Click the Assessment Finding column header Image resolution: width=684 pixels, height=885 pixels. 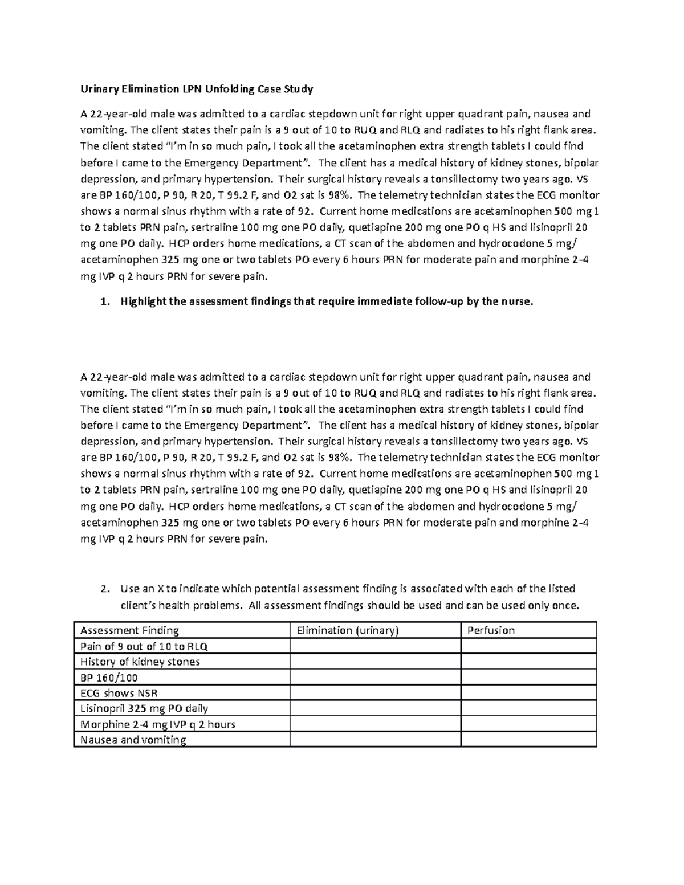(x=129, y=630)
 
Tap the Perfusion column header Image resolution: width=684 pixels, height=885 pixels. (x=491, y=630)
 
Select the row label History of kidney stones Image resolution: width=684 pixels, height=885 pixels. (x=140, y=662)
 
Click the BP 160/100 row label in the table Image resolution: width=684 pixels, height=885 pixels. (x=109, y=678)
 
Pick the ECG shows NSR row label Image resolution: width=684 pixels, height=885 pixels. (x=119, y=693)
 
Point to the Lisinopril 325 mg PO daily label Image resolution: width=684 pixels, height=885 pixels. (x=144, y=708)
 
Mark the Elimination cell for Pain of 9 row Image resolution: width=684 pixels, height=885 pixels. (x=375, y=646)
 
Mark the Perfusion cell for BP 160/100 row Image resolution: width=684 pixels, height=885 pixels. (x=528, y=678)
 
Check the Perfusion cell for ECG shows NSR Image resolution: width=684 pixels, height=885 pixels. (x=528, y=693)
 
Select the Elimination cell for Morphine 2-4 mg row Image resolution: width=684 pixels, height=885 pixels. (x=375, y=724)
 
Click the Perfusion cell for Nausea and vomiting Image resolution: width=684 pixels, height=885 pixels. (x=528, y=740)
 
